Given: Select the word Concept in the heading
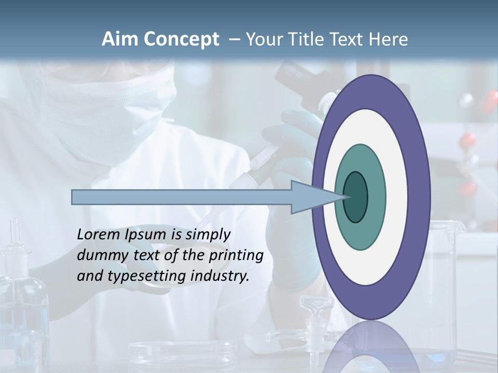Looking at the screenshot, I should pyautogui.click(x=182, y=39).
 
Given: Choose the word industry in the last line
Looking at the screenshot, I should pyautogui.click(x=220, y=276).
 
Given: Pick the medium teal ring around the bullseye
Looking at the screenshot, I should pyautogui.click(x=376, y=197).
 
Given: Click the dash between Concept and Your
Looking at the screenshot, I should pyautogui.click(x=233, y=39).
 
